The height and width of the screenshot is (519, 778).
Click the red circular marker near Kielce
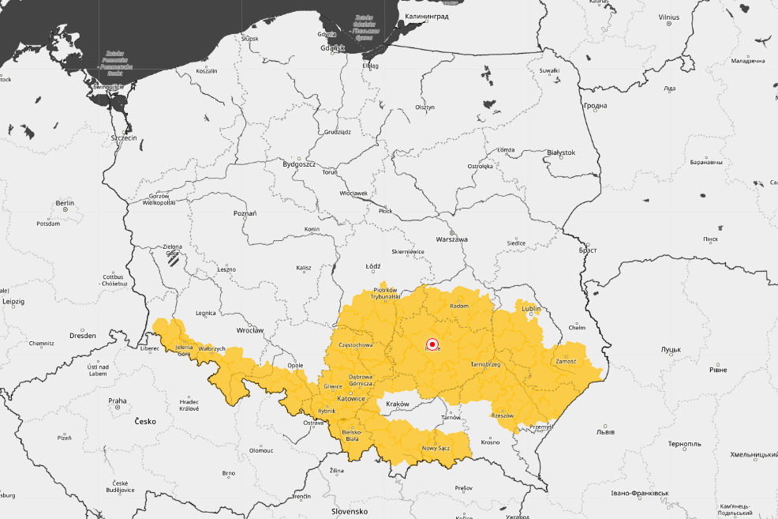click(x=432, y=344)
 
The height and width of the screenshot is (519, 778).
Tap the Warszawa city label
click(x=452, y=239)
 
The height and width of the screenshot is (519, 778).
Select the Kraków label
click(x=398, y=404)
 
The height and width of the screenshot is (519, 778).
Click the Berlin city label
click(x=65, y=203)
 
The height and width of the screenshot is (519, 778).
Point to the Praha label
click(x=118, y=401)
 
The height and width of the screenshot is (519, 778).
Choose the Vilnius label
click(x=668, y=17)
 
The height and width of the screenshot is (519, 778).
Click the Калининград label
click(x=427, y=16)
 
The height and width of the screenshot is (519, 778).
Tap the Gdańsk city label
click(x=333, y=48)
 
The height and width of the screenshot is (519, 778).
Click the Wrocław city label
click(x=249, y=330)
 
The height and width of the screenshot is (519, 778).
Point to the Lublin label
click(x=532, y=308)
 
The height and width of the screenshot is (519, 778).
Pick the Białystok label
click(x=561, y=152)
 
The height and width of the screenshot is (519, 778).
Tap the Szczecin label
click(x=124, y=137)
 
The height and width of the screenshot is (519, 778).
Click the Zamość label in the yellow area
click(x=566, y=361)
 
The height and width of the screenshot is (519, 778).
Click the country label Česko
click(x=144, y=421)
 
